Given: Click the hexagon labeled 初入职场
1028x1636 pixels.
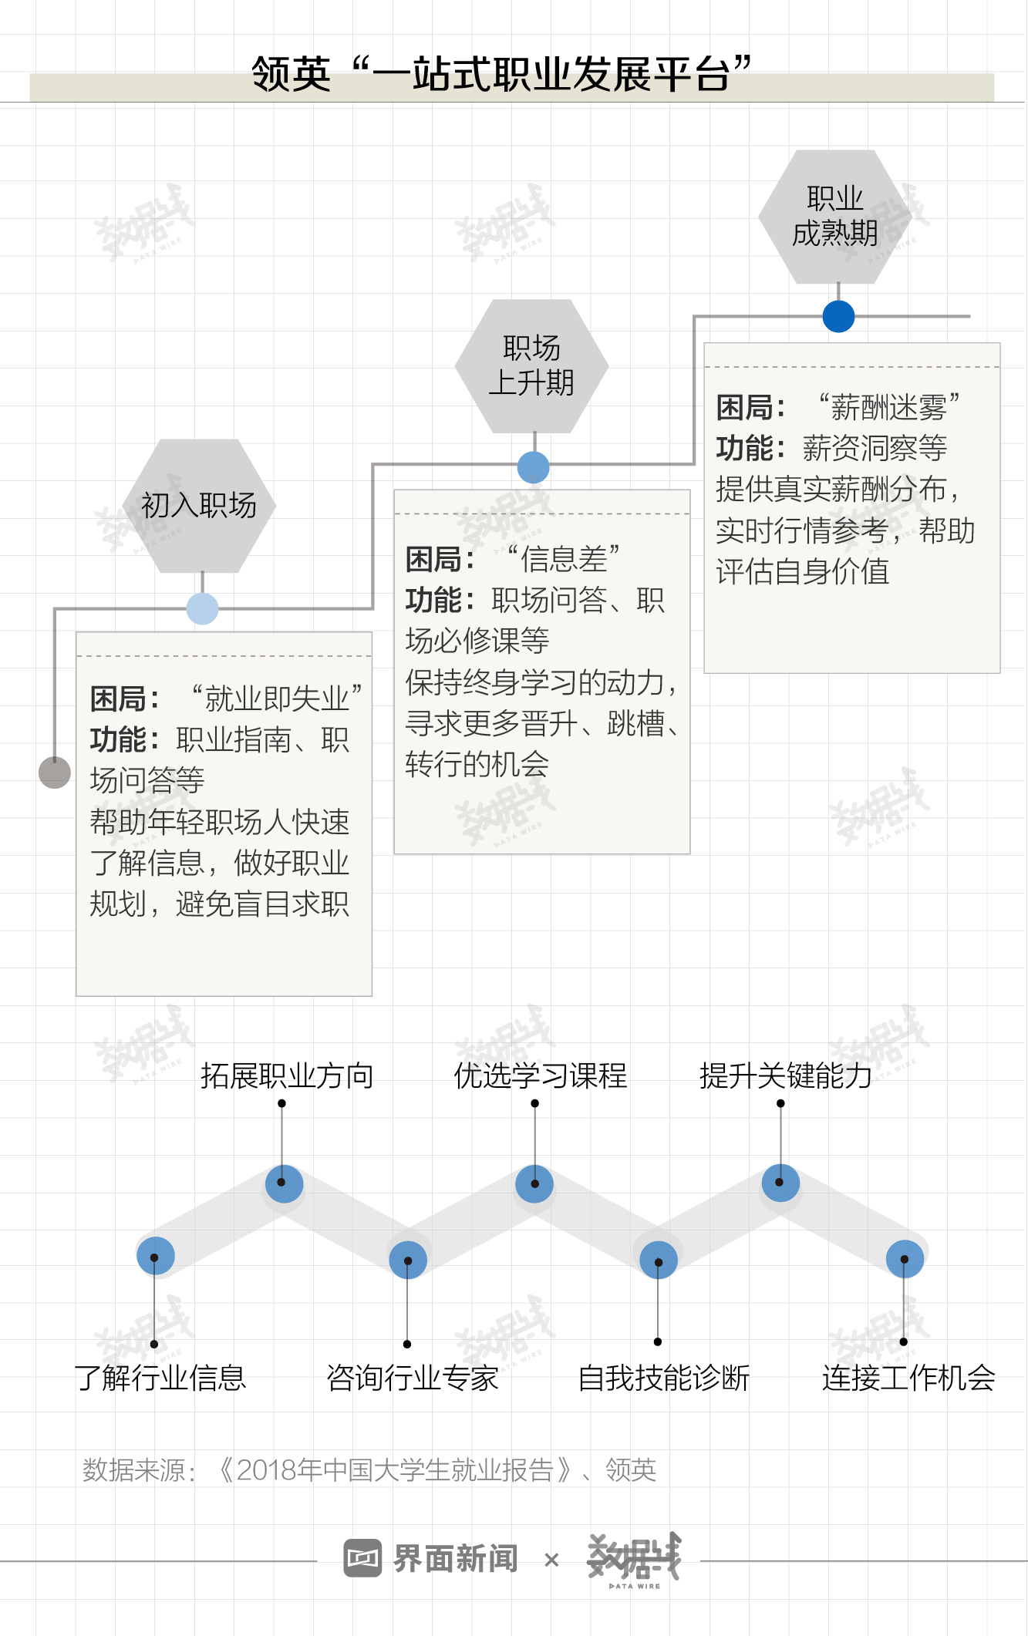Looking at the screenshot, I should click(x=199, y=506).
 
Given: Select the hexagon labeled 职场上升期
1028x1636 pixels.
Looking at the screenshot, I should click(x=531, y=365).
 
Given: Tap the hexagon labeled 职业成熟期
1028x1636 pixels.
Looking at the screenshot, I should click(x=835, y=217).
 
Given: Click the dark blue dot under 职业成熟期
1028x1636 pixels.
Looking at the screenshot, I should click(x=838, y=316).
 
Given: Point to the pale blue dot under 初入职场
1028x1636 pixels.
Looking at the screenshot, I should click(x=202, y=608).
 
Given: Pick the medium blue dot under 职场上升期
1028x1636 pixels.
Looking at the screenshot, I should click(x=534, y=467).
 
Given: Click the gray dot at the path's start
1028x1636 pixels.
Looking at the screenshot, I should click(x=55, y=773).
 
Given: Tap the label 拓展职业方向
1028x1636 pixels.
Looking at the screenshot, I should click(x=287, y=1076).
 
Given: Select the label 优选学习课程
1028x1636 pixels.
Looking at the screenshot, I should click(x=540, y=1076).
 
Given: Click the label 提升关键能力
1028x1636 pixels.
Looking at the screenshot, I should click(x=785, y=1076).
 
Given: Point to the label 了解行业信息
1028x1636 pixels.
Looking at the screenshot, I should click(x=160, y=1378).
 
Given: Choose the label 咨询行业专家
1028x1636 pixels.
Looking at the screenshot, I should click(x=413, y=1378).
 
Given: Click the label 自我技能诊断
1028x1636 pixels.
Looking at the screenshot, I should click(x=663, y=1378).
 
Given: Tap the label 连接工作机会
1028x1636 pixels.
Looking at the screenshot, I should click(x=908, y=1378).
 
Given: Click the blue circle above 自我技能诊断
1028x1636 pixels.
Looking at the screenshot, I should click(x=659, y=1260).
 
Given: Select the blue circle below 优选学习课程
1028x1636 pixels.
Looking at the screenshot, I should click(x=534, y=1183).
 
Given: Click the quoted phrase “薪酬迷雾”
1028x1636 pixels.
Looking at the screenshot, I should click(x=888, y=407).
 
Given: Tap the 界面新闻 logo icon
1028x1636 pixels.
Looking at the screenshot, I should click(x=362, y=1558).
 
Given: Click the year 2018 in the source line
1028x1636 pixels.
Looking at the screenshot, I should click(x=267, y=1470).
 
